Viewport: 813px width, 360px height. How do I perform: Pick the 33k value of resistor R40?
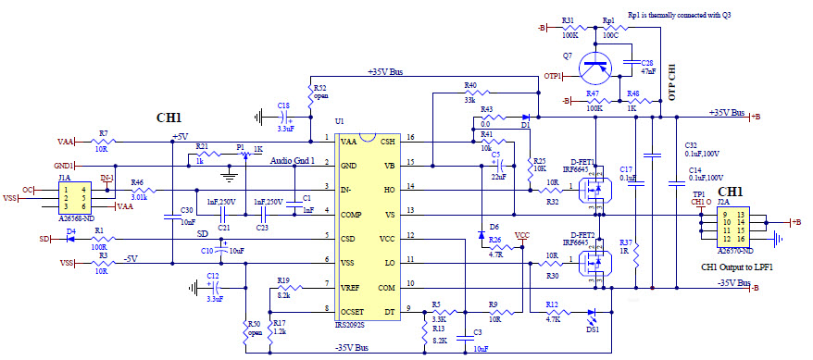[x=470, y=97]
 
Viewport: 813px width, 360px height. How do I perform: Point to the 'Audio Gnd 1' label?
[x=293, y=160]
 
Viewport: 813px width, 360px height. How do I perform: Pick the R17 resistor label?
[x=280, y=320]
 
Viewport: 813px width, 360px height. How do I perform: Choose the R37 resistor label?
[x=626, y=242]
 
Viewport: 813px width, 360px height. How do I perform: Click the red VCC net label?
[x=522, y=235]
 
